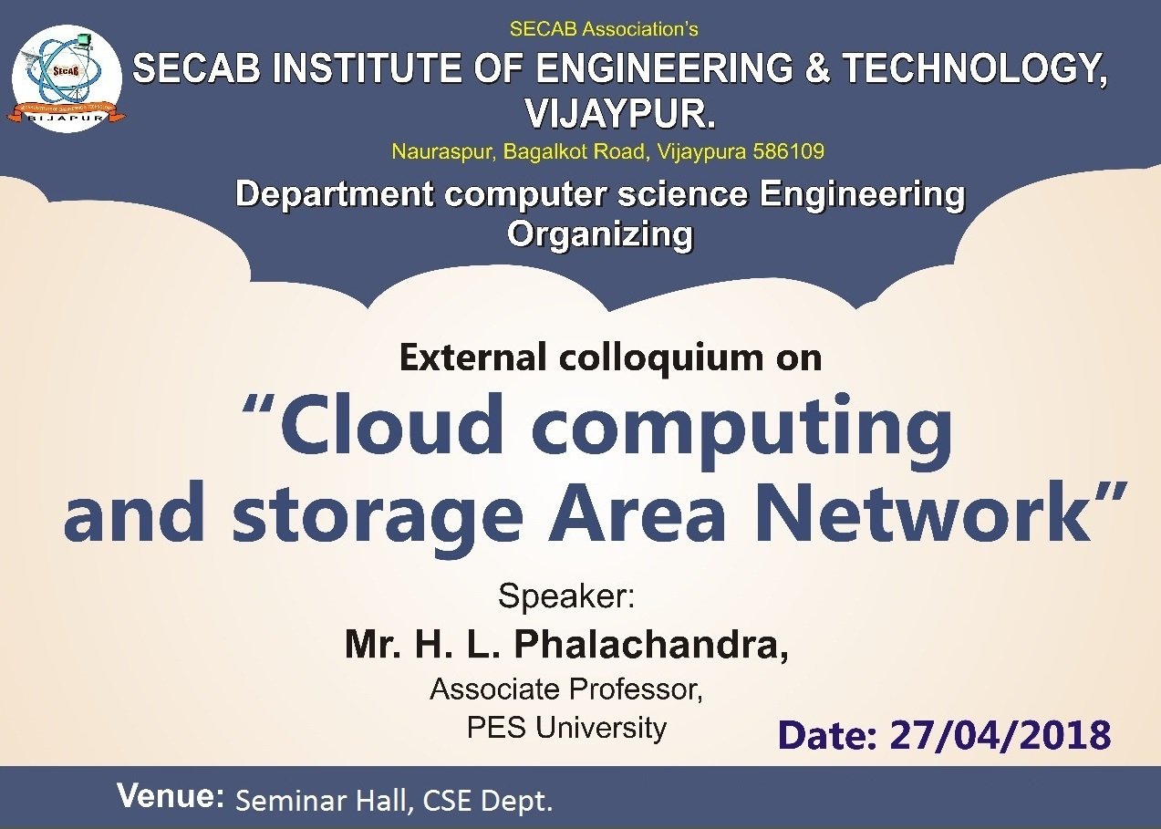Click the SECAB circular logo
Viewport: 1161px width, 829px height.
coord(67,78)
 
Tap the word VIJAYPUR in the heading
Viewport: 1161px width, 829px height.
coord(616,112)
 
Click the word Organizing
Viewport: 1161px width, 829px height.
coord(600,235)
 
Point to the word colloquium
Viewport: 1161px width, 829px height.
coord(659,358)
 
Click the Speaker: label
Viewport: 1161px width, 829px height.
coord(566,596)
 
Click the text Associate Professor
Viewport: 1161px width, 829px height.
coord(566,689)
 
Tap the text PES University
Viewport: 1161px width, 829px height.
coord(566,728)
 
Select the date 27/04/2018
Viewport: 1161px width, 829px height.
coord(1000,735)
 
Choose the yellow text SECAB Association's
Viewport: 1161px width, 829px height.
coord(604,29)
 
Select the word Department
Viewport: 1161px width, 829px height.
coord(335,194)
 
